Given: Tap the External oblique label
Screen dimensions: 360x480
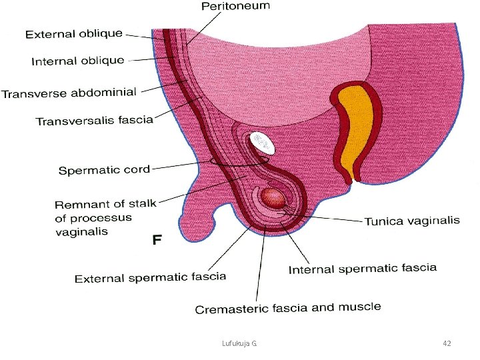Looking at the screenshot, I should [74, 34].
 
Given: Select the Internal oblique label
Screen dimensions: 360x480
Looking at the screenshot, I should [78, 61].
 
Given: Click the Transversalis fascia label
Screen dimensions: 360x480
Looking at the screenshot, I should [94, 121].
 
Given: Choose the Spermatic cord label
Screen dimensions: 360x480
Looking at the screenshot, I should [104, 170].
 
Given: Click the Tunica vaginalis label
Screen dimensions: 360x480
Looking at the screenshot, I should [411, 221].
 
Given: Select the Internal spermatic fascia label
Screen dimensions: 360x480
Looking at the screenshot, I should [362, 269].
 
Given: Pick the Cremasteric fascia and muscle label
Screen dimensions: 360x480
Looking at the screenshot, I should [288, 308].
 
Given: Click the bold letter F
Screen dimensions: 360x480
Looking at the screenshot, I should [157, 239].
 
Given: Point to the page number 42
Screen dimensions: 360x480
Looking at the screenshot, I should [447, 343].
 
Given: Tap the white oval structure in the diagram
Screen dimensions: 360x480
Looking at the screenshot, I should [261, 141].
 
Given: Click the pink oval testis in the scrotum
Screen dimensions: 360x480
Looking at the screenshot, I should [273, 197].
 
